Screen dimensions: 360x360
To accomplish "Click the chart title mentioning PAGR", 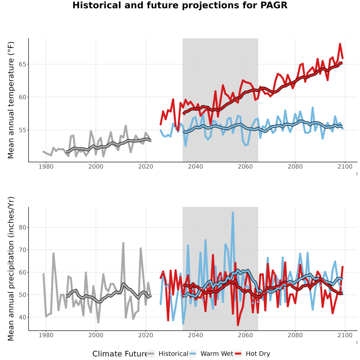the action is point(180,5).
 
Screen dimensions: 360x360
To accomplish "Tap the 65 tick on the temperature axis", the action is point(22,64).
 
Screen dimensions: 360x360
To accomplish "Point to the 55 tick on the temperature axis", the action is point(22,130).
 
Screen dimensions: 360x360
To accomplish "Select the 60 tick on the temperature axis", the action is point(22,97).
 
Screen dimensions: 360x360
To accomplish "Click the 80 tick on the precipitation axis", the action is point(22,228).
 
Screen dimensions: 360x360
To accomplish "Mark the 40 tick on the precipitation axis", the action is point(22,317).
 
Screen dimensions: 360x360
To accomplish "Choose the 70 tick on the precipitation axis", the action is point(22,250).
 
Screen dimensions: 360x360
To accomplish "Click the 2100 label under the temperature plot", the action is point(345,166).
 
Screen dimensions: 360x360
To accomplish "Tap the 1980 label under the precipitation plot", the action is point(46,335).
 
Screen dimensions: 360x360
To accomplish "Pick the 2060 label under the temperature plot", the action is point(245,166).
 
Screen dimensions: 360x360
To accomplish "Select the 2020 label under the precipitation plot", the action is point(146,335).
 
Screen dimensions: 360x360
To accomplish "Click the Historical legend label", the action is point(173,354).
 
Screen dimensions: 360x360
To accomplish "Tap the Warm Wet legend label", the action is point(217,354).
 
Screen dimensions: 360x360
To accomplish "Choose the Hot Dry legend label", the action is point(258,354).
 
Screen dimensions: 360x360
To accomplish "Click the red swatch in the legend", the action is point(238,354).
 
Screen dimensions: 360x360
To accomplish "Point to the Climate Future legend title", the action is point(120,354).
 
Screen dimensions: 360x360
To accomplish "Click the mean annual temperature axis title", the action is point(11,100).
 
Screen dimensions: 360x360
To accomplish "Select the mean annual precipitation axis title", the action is point(11,269).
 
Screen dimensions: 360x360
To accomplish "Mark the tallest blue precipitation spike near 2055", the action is point(233,213).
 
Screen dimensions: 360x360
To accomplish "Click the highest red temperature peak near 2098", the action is point(340,44).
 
